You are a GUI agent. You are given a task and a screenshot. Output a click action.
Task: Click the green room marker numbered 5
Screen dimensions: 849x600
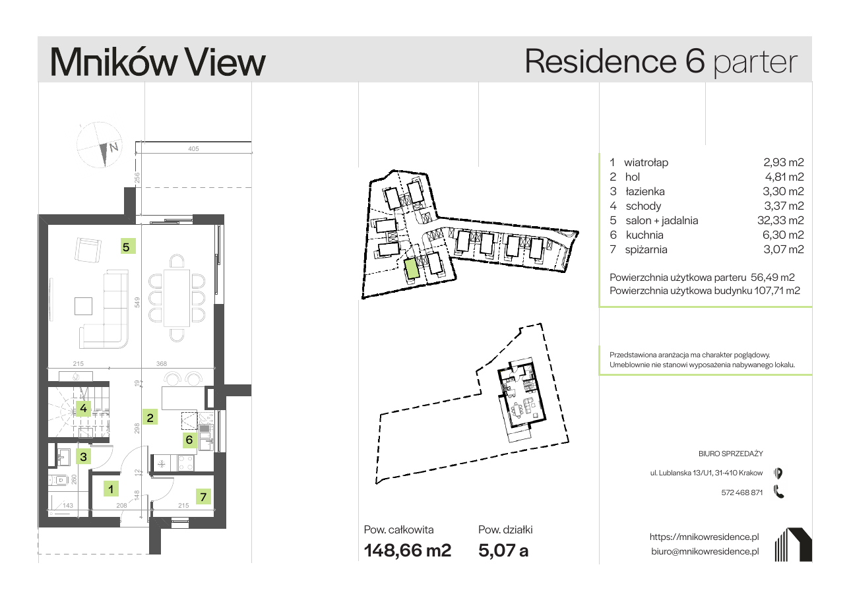point(128,247)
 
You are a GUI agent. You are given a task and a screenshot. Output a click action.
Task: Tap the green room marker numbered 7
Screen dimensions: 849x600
point(203,496)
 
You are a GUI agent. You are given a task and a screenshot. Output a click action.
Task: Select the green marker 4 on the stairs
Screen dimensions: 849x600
point(83,408)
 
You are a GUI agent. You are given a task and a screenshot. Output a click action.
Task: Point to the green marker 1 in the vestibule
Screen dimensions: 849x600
point(111,489)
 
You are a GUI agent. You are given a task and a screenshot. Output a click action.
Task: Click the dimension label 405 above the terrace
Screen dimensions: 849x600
point(193,149)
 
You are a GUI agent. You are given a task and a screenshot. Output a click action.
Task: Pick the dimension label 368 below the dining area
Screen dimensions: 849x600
point(162,364)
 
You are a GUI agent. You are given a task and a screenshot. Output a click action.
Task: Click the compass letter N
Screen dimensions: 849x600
point(113,147)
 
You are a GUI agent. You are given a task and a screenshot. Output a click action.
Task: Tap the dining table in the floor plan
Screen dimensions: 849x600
point(177,298)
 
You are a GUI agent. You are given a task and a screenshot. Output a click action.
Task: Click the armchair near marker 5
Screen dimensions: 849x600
point(88,250)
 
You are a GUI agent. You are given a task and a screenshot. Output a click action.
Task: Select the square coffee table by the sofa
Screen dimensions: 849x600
point(83,306)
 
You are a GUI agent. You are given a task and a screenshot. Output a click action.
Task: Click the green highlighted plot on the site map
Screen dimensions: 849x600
point(412,269)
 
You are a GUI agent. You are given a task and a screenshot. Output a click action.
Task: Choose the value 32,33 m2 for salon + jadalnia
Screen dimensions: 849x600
point(780,220)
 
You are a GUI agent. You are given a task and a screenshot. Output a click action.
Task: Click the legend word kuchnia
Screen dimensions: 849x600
point(645,235)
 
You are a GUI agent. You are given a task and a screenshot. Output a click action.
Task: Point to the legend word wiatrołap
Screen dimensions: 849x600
point(646,162)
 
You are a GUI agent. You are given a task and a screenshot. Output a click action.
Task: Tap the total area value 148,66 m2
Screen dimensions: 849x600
point(408,551)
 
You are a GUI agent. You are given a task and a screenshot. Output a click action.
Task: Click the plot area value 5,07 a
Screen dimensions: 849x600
point(503,551)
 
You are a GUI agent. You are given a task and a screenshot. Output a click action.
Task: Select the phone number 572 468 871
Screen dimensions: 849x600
point(741,493)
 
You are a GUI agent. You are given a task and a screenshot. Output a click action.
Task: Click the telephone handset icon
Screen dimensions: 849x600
point(778,492)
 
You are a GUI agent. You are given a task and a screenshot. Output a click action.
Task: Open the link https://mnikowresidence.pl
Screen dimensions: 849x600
point(705,537)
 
